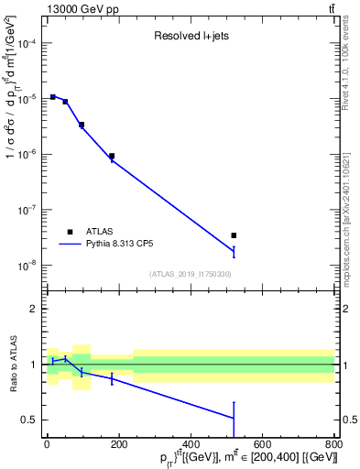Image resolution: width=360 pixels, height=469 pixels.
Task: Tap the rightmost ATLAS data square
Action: tap(234, 235)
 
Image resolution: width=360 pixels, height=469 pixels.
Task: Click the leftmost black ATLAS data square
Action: tap(53, 96)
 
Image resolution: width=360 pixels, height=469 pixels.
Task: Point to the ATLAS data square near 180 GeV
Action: tap(112, 156)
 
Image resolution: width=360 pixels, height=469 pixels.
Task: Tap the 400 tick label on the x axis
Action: tap(191, 446)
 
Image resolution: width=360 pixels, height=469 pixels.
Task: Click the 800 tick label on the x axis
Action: tap(333, 446)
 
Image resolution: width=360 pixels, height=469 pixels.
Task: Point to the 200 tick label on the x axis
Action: tap(119, 446)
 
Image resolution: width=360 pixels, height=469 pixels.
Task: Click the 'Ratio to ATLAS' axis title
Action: tap(13, 365)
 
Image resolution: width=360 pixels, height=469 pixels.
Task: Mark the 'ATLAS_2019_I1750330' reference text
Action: tap(191, 274)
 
